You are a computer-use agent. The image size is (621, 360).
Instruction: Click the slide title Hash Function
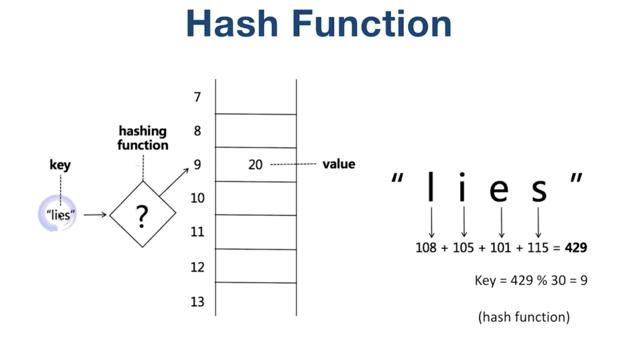click(319, 24)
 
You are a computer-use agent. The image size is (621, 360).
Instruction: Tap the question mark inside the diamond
click(142, 216)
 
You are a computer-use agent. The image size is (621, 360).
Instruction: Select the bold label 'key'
click(60, 165)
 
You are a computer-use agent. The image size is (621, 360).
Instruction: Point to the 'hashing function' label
click(143, 138)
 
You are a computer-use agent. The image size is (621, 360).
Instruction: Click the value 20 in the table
click(255, 165)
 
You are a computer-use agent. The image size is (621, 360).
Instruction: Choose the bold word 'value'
click(339, 164)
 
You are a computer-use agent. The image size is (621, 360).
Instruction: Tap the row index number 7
click(197, 97)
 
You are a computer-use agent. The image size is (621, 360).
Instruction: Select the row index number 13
click(197, 302)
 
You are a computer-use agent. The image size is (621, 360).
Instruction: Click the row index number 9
click(197, 165)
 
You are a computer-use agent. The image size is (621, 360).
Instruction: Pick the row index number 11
click(197, 232)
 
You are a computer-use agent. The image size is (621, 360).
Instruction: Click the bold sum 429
click(576, 247)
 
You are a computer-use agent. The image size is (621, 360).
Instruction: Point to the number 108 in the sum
click(426, 247)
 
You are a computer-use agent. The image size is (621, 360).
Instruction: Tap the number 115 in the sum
click(538, 247)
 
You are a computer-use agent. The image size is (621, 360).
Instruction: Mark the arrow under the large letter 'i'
click(464, 222)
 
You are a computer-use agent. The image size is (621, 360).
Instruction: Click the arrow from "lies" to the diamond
click(95, 215)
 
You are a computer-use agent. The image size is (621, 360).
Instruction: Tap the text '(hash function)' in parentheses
click(524, 317)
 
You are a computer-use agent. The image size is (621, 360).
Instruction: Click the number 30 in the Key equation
click(558, 280)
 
